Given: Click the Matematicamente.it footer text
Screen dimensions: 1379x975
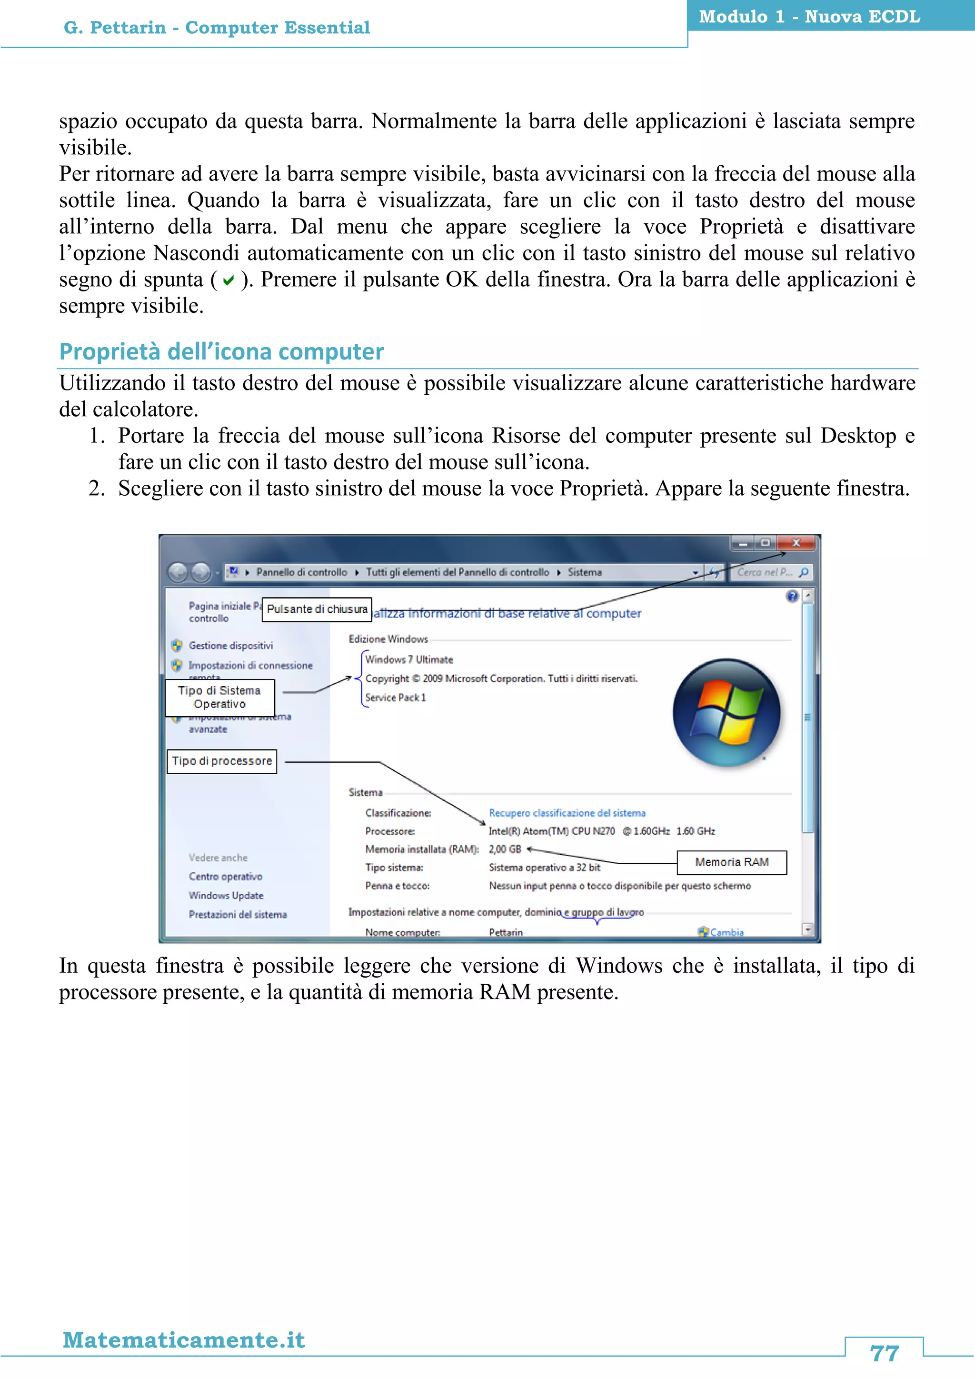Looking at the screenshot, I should tap(184, 1339).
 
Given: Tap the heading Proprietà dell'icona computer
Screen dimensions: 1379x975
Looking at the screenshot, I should tap(221, 351).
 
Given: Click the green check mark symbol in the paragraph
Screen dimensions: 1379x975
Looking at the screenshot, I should tap(228, 280).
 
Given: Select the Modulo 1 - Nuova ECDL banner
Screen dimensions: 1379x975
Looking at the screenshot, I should tap(809, 16).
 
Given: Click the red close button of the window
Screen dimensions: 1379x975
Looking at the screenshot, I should tap(796, 543).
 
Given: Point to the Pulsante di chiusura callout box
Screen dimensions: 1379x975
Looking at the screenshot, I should tap(317, 609).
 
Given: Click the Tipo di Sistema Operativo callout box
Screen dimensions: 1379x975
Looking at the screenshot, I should tap(220, 697).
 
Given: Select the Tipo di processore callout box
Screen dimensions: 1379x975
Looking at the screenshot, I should tap(221, 761).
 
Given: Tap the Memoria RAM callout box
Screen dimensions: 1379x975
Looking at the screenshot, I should tap(731, 862).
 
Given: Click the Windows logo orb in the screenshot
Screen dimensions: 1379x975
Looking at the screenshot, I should tap(726, 713).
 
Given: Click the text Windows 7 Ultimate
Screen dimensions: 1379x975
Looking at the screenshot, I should tap(409, 660).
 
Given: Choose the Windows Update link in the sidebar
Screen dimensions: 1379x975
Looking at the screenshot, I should tap(226, 896).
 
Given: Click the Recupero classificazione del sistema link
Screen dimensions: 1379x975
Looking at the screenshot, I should tap(567, 813).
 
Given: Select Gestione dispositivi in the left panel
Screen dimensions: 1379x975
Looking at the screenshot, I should tap(230, 646).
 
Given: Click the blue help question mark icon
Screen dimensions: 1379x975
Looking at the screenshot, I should tap(792, 596).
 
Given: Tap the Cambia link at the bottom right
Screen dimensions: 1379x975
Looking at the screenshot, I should tap(726, 932).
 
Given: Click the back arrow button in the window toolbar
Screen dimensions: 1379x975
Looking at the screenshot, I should tap(178, 572).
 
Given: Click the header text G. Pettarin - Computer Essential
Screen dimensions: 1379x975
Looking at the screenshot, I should tap(217, 28).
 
